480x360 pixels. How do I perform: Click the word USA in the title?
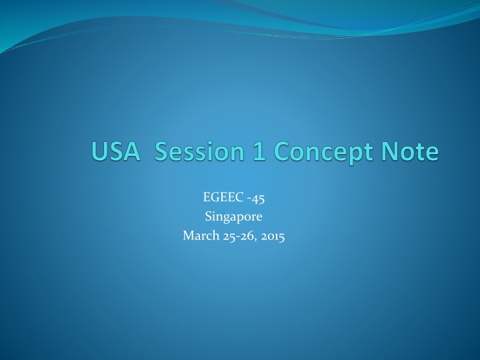click(115, 152)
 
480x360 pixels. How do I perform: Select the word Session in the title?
click(201, 152)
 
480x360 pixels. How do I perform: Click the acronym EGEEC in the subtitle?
click(221, 197)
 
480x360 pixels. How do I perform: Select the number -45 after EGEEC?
click(257, 197)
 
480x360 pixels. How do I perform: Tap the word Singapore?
click(233, 216)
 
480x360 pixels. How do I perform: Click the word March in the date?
click(198, 235)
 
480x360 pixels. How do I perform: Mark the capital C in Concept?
click(281, 152)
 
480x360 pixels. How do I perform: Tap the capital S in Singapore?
click(207, 216)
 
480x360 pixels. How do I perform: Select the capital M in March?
click(187, 235)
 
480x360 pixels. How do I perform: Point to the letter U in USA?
click(99, 152)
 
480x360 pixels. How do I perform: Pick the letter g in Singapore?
click(223, 218)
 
